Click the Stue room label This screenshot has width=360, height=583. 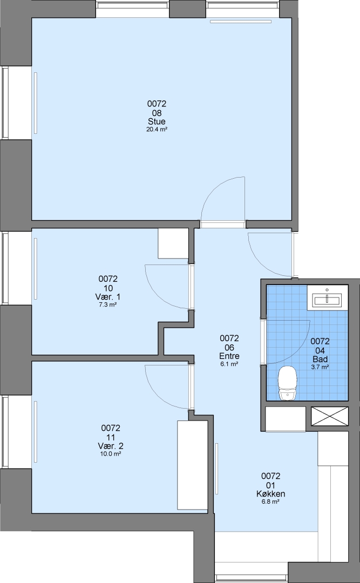point(157,121)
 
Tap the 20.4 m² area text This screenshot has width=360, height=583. point(157,130)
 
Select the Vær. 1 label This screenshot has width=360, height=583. point(108,297)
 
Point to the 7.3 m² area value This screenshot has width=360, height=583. point(108,304)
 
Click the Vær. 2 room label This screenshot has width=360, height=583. point(111,446)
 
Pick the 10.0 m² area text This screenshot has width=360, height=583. point(111,454)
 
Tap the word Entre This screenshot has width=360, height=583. point(229,356)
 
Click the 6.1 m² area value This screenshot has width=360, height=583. point(229,364)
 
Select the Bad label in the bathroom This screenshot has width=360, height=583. point(320,359)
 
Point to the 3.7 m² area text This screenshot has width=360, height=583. point(320,367)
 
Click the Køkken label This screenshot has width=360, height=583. point(271,494)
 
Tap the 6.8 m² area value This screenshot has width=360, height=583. point(271,501)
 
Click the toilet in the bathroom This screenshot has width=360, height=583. point(288,383)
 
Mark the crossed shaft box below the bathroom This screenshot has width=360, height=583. point(329,416)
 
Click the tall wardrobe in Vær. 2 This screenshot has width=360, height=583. point(192,465)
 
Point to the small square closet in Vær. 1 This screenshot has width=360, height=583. point(173,243)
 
